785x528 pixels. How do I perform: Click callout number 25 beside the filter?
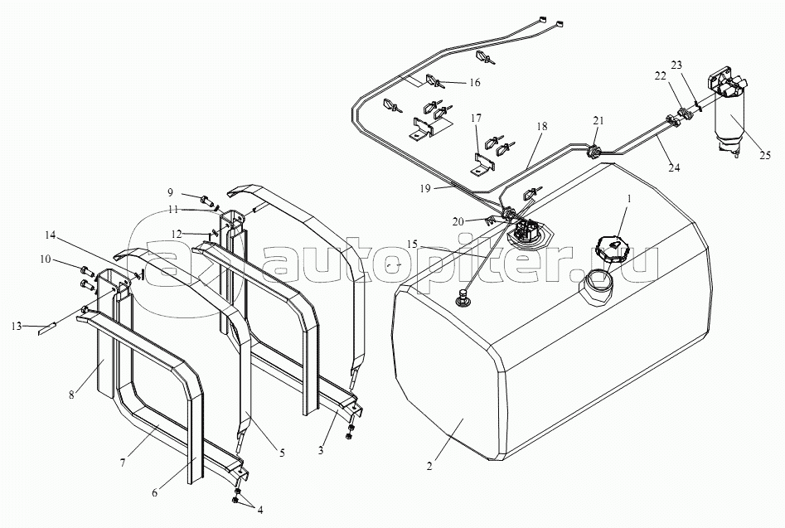[764, 156]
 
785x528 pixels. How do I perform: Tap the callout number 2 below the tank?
[429, 467]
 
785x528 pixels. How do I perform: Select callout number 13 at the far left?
[17, 327]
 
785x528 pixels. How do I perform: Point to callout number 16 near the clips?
[474, 83]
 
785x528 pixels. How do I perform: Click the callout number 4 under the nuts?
[259, 511]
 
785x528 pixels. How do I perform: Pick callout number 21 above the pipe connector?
[598, 121]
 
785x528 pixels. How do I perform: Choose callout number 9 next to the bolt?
[170, 191]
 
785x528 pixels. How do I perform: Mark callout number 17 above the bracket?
[476, 118]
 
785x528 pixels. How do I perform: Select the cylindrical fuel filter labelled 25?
[728, 113]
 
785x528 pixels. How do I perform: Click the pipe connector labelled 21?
[594, 150]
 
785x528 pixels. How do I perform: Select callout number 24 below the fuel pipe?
[675, 167]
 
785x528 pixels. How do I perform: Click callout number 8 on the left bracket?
[71, 395]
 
